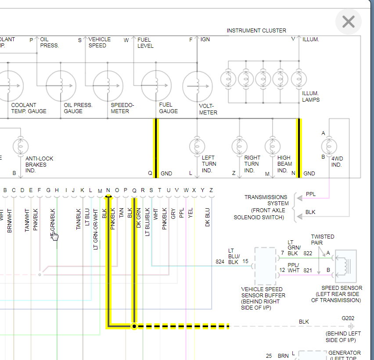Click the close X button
point(349,21)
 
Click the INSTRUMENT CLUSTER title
point(256,31)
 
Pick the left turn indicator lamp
point(197,146)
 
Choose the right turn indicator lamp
point(239,146)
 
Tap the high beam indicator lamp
point(273,146)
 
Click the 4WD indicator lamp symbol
point(329,146)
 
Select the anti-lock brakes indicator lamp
point(20,146)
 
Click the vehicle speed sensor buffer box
point(265,267)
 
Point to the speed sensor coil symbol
point(345,265)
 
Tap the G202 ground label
point(348,318)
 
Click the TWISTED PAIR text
point(322,239)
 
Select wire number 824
point(220,262)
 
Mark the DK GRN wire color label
point(139,217)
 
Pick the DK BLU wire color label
point(208,217)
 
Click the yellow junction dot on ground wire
point(134,326)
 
